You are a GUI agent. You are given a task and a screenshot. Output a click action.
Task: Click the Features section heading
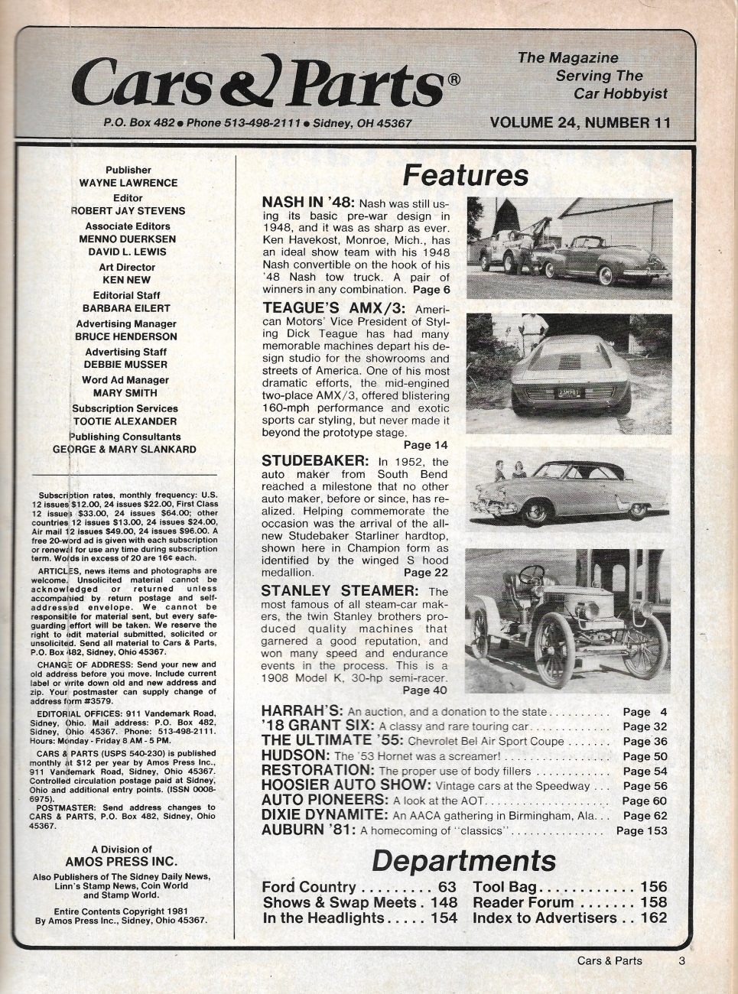tap(465, 175)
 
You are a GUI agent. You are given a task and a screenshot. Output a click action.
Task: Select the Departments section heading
tap(463, 861)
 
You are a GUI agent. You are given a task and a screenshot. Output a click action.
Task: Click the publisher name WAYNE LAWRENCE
tap(128, 183)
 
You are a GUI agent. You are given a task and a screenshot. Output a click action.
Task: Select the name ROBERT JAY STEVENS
tap(128, 210)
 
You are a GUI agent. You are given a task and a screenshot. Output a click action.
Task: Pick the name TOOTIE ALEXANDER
tap(125, 421)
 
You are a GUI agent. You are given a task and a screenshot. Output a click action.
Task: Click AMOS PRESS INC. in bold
tap(121, 861)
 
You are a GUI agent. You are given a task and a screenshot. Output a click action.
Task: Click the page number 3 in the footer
tap(681, 961)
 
